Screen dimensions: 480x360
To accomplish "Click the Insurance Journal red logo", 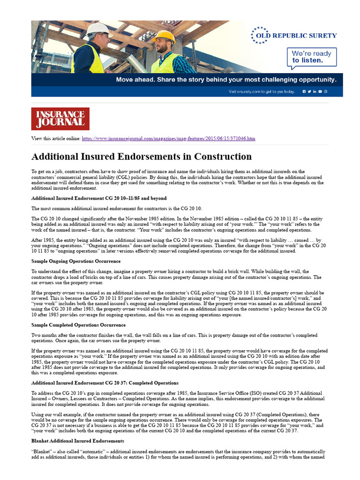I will click(60, 119).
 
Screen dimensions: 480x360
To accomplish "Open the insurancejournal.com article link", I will click(169, 139).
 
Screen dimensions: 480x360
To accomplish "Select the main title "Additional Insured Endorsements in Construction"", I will click(141, 157).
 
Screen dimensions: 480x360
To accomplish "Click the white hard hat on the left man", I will click(98, 29).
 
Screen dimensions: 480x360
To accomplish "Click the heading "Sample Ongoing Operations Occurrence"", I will click(76, 261).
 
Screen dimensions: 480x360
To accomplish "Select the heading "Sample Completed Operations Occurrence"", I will click(78, 324).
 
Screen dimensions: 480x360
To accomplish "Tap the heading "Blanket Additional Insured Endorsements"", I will click(77, 441).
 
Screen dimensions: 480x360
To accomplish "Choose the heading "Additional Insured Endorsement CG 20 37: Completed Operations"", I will click(105, 383).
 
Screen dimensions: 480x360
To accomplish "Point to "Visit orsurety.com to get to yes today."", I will click(262, 91).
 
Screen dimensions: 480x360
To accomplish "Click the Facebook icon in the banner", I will click(304, 91).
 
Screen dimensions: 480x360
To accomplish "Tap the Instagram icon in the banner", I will click(326, 91).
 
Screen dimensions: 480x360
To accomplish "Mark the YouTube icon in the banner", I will click(320, 91).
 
